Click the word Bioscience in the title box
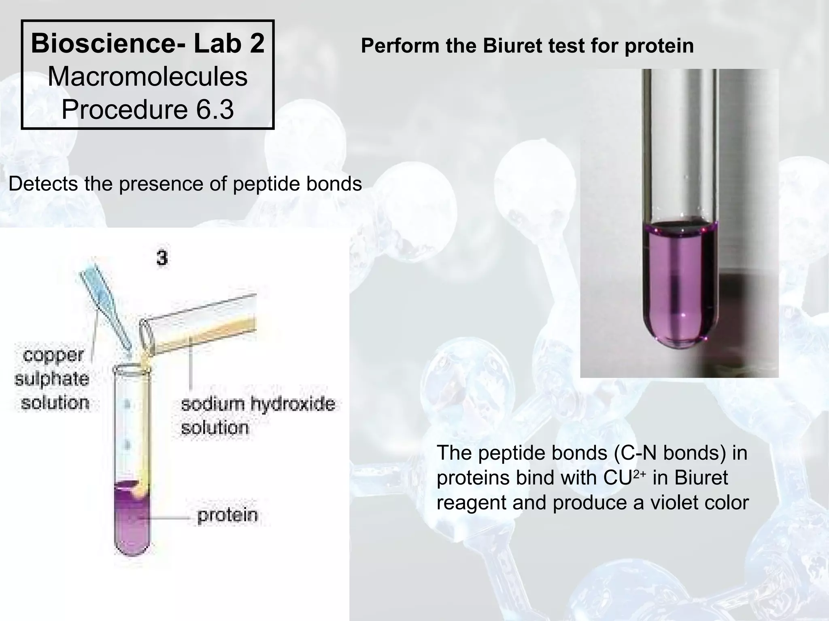pos(105,44)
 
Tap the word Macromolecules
pos(148,77)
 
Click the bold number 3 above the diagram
pos(162,258)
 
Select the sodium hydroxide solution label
pos(257,416)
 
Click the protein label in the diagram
pos(227,515)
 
